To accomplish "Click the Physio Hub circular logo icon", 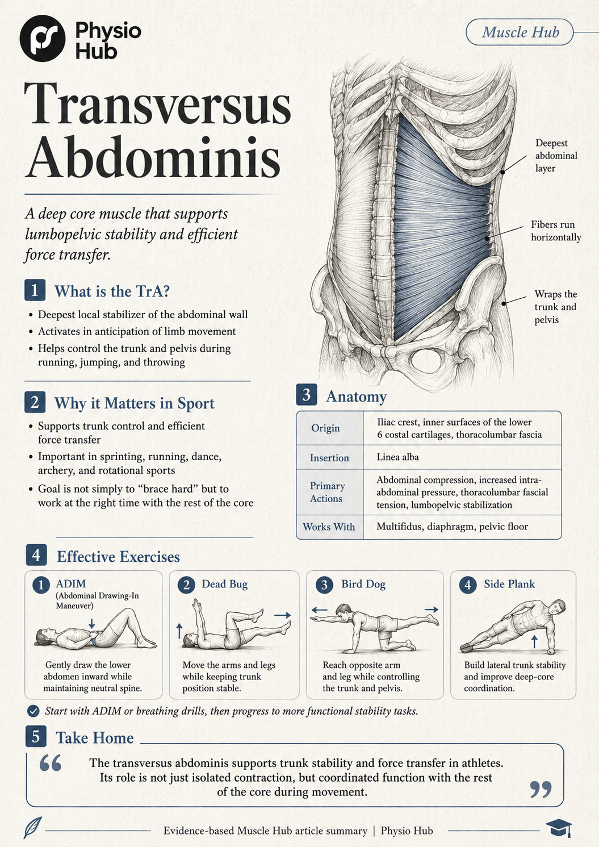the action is tap(43, 38).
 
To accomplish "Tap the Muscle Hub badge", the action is tap(520, 32).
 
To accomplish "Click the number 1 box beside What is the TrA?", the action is tap(35, 290).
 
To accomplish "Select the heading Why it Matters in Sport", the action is tap(134, 403).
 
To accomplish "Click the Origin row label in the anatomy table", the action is tap(325, 428).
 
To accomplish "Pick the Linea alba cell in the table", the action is tap(397, 457).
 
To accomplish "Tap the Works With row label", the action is tap(329, 527).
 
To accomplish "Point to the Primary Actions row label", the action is tap(327, 492).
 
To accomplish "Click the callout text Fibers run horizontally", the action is tap(555, 231).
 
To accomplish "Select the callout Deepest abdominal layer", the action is tap(556, 156).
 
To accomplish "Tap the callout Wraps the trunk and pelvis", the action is tap(555, 307).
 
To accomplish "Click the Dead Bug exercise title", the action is tap(224, 584).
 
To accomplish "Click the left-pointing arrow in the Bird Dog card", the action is tap(319, 610).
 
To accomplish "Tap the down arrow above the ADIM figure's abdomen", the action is tap(91, 624).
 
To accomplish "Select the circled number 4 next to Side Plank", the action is tap(467, 585).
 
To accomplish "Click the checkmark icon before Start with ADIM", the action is tap(33, 711).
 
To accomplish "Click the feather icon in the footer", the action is tap(32, 828).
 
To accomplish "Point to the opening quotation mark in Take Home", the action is tap(51, 763).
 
